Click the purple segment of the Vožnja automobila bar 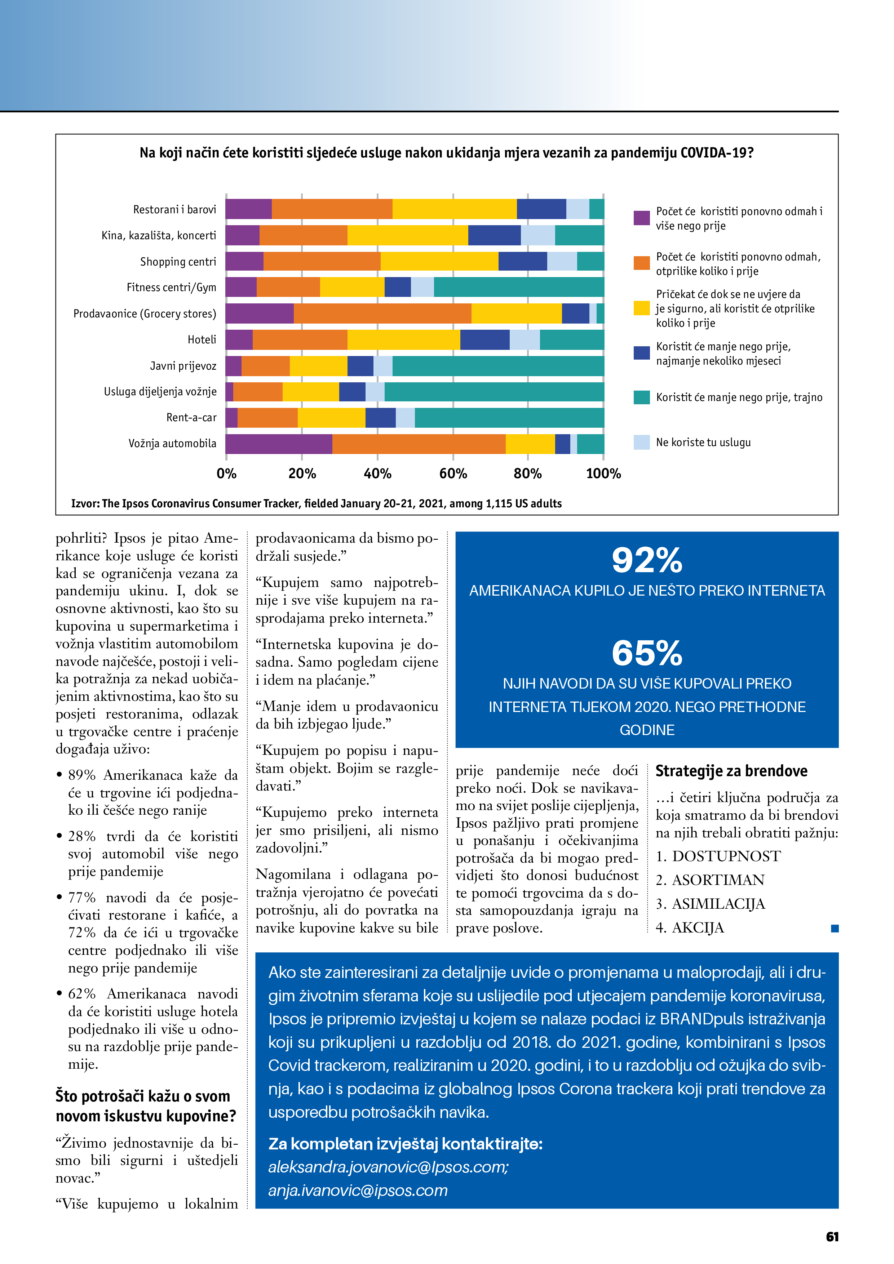coord(279,444)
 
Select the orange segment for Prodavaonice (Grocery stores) coord(382,313)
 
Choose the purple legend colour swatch coord(641,218)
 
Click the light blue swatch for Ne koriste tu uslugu coord(641,442)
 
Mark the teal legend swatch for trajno coord(641,397)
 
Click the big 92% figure coord(647,560)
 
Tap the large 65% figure coord(647,654)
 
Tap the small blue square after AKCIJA coord(835,929)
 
